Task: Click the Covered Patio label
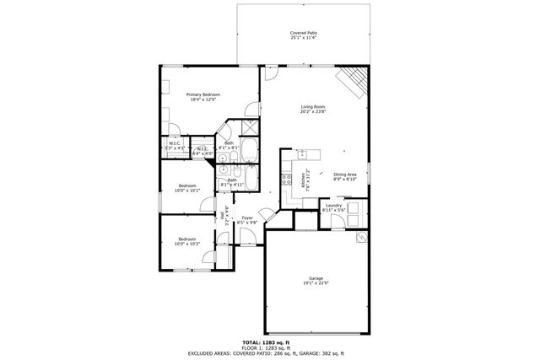point(304,33)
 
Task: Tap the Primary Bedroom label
point(203,94)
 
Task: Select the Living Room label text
point(314,106)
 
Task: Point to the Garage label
point(316,279)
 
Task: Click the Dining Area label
point(345,174)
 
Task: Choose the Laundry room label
point(333,205)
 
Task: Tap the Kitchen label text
point(304,180)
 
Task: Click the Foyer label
point(247,218)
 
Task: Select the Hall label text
point(222,215)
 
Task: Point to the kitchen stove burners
point(285,179)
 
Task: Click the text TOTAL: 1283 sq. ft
point(270,341)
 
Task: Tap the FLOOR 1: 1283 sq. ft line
point(270,347)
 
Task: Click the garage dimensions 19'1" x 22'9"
point(316,284)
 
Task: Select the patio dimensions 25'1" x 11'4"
point(304,38)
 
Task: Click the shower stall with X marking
point(250,128)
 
